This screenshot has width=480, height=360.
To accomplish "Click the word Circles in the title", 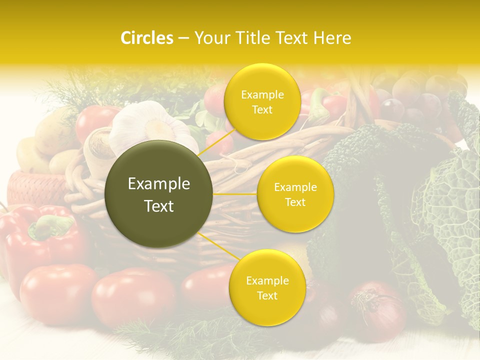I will pyautogui.click(x=146, y=38).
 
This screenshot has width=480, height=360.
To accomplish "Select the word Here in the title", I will pyautogui.click(x=333, y=38).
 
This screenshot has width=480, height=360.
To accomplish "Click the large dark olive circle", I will pyautogui.click(x=159, y=194).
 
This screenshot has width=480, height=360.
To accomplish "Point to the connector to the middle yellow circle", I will pyautogui.click(x=235, y=194).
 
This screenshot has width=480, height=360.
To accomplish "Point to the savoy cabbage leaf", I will pyautogui.click(x=445, y=210).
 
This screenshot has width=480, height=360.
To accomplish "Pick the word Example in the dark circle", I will pyautogui.click(x=159, y=184).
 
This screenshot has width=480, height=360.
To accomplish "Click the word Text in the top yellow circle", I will pyautogui.click(x=262, y=109).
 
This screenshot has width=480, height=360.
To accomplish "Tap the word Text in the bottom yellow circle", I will pyautogui.click(x=267, y=295).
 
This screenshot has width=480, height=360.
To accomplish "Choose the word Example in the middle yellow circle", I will pyautogui.click(x=295, y=187).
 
